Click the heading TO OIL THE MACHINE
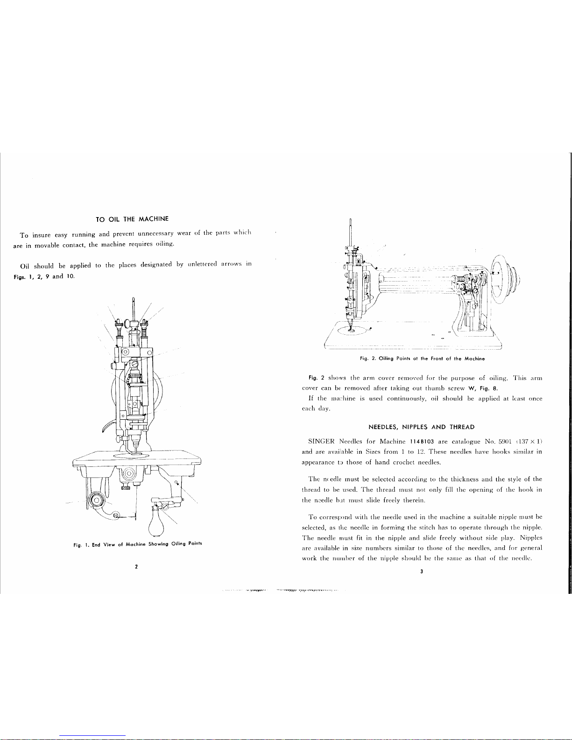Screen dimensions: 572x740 132,219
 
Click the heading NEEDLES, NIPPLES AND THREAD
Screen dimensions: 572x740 422,427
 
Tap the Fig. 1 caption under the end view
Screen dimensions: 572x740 138,544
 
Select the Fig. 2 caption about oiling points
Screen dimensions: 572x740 422,359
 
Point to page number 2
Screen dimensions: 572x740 136,567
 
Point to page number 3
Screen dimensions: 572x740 422,571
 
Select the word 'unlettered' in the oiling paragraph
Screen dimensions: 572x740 202,264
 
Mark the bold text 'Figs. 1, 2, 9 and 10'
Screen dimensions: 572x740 44,276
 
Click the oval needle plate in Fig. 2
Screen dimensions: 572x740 353,330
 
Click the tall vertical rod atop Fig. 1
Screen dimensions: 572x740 134,310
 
